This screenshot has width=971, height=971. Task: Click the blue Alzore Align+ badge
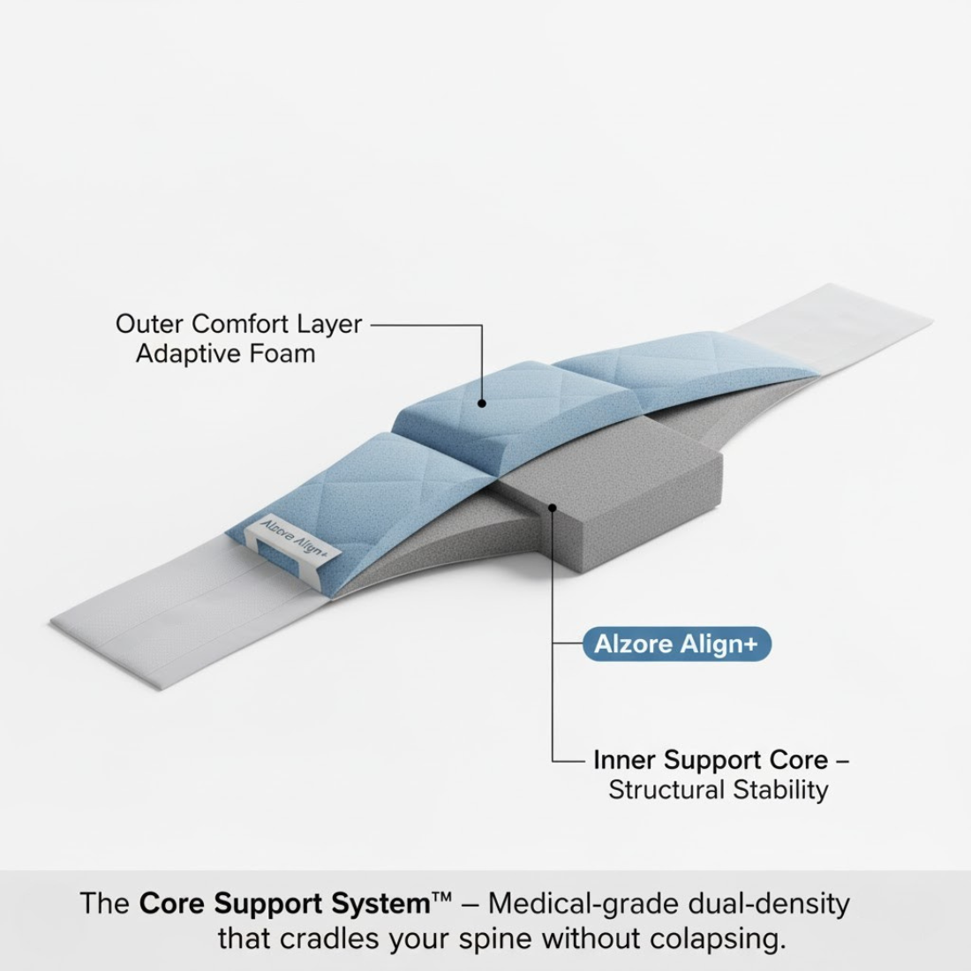677,644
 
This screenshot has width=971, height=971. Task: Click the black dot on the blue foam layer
482,403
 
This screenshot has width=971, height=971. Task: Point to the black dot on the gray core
553,508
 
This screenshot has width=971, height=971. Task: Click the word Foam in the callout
282,354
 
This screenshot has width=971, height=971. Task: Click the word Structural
666,790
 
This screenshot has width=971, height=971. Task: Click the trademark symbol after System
441,898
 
